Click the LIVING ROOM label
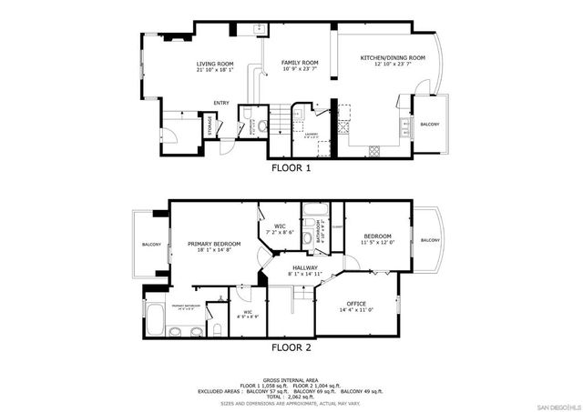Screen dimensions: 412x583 (215, 65)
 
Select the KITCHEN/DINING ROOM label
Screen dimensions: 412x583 (385, 57)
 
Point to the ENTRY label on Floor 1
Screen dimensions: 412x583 (221, 103)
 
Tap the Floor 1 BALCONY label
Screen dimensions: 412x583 (429, 124)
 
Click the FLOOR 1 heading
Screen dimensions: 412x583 (291, 168)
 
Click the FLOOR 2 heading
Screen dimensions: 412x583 (291, 347)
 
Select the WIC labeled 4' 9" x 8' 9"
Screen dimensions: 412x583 (245, 313)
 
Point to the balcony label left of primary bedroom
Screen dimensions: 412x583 (151, 245)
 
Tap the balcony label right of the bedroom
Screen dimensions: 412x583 (429, 240)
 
